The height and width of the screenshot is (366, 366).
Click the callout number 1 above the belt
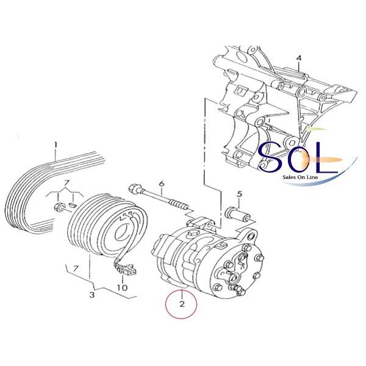(56, 145)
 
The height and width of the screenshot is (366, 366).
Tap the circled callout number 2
(182, 304)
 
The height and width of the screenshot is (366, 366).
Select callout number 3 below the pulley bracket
(92, 295)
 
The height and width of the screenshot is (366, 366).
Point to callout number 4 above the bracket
(299, 58)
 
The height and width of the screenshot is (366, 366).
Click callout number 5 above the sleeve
(240, 194)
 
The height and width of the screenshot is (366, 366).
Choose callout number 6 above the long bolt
(162, 184)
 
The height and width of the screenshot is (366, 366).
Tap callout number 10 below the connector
(123, 288)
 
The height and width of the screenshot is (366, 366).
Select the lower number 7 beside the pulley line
(75, 269)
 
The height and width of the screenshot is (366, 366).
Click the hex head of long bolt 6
(134, 188)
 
